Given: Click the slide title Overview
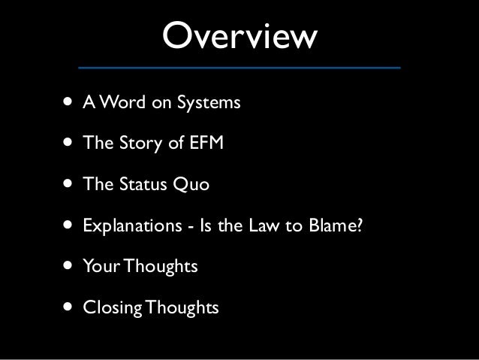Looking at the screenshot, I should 239,35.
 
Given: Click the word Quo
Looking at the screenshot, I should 194,184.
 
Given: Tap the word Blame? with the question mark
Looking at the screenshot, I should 340,225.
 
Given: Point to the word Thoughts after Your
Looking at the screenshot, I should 161,266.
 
